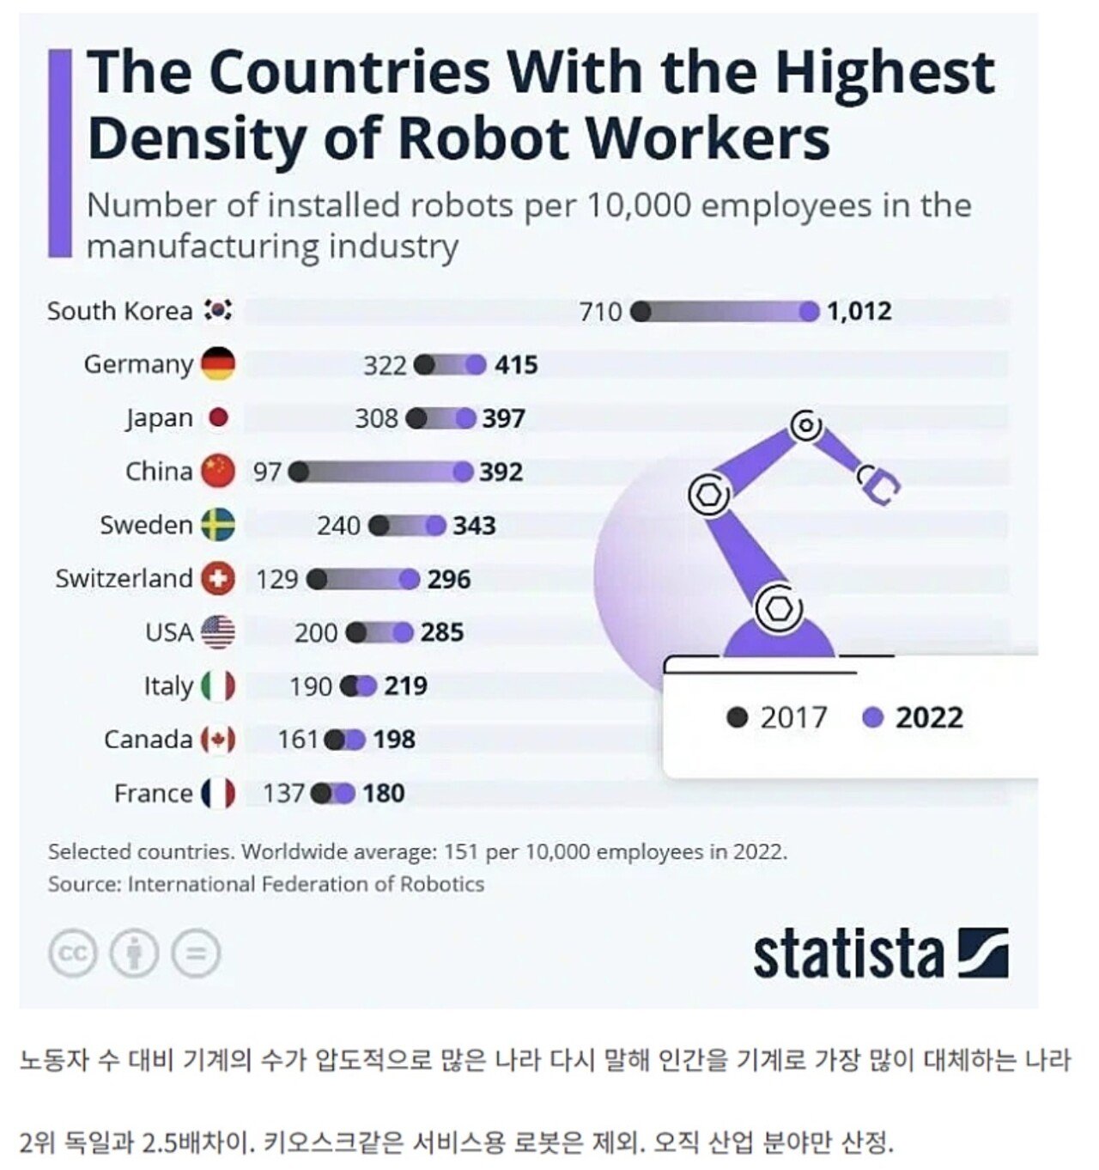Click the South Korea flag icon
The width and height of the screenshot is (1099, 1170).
[218, 310]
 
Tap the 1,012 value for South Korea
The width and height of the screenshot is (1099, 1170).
[859, 311]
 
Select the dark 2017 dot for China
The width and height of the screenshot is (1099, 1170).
[298, 472]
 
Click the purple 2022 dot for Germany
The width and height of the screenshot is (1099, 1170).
[477, 365]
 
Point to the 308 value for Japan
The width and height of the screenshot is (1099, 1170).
[376, 418]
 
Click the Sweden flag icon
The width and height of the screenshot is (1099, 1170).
[218, 525]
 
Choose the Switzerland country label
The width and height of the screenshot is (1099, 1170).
[124, 578]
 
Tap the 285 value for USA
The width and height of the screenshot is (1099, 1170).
[442, 632]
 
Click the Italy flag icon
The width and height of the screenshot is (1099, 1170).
[218, 686]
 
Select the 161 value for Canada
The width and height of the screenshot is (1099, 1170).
[298, 739]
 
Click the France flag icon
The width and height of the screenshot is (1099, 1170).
[218, 793]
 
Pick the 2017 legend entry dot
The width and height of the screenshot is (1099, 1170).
[737, 717]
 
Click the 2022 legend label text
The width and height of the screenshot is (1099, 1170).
[929, 717]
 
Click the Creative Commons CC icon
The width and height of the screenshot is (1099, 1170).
[73, 954]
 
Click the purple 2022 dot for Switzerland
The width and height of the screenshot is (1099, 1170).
[410, 579]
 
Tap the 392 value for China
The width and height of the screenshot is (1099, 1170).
[501, 472]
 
